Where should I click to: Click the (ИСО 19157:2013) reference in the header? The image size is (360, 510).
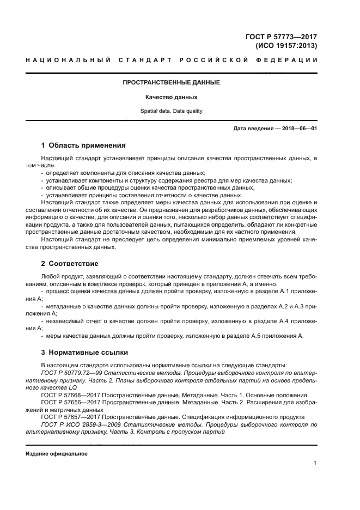(x=286, y=46)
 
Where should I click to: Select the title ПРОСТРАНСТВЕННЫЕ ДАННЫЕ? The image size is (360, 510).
(x=171, y=83)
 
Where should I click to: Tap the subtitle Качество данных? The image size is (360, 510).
(x=171, y=97)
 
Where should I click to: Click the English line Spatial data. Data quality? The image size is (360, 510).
(x=171, y=111)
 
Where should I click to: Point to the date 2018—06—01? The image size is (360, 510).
(x=297, y=129)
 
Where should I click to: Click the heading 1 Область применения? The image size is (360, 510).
(x=83, y=145)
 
